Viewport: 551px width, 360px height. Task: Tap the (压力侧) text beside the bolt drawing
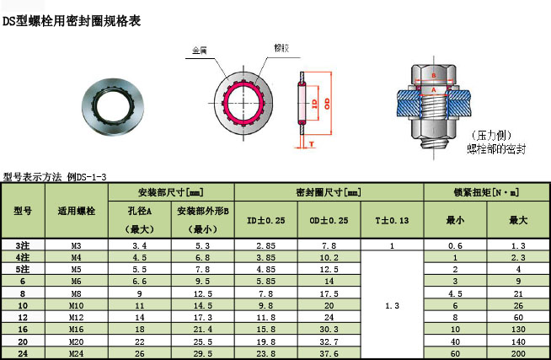click(x=489, y=136)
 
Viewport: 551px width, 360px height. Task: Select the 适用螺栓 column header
click(x=76, y=210)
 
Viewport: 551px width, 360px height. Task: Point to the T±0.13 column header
click(x=392, y=220)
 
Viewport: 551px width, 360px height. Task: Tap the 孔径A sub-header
click(x=140, y=211)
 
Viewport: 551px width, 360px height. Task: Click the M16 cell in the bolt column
click(x=76, y=329)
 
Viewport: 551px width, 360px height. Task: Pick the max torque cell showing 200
click(x=518, y=353)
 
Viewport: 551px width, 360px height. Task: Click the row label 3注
click(x=23, y=244)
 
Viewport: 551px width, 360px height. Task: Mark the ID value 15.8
click(x=265, y=329)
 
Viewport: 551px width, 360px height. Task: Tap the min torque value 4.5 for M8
click(x=455, y=293)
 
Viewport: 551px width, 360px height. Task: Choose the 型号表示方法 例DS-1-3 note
click(x=55, y=177)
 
